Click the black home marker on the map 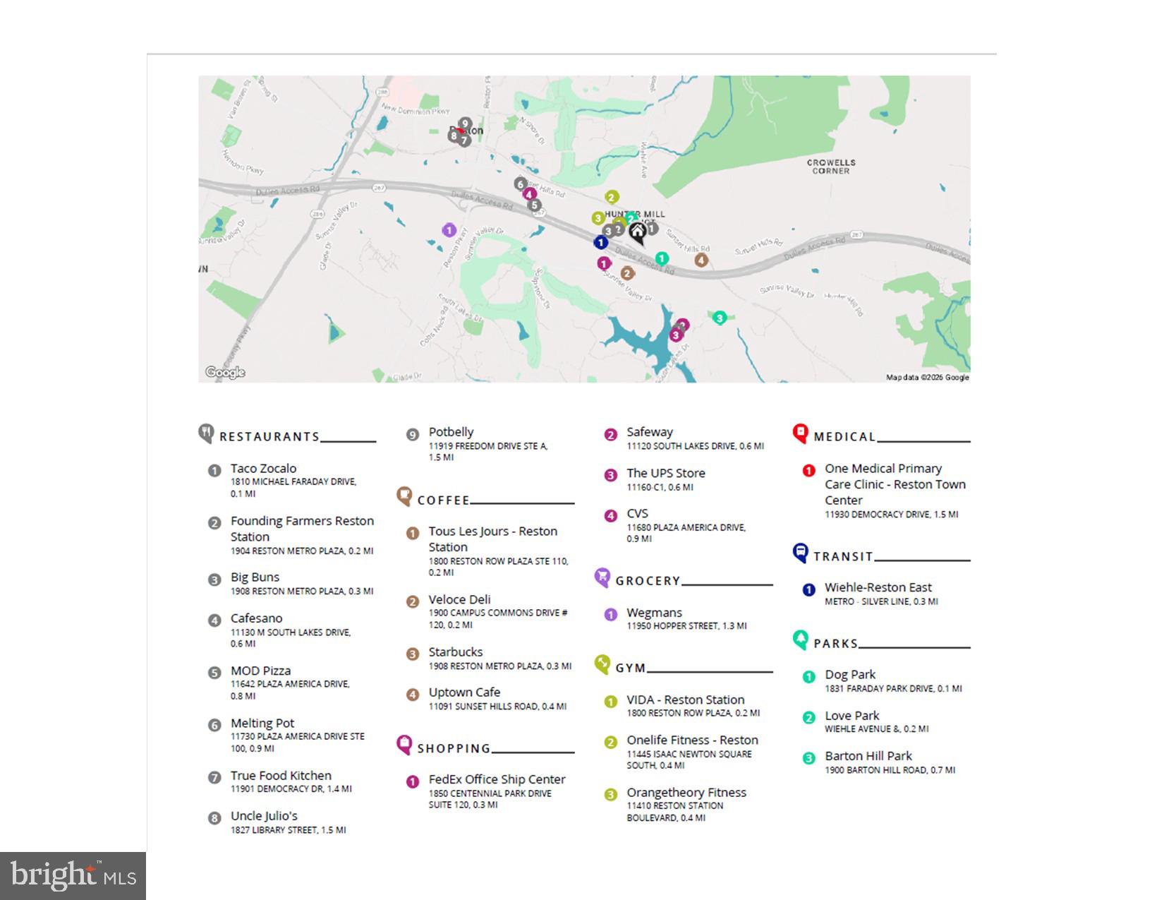click(x=638, y=232)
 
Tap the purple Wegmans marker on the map click(x=449, y=230)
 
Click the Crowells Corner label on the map click(x=831, y=167)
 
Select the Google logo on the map click(x=225, y=372)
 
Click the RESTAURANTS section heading click(x=269, y=437)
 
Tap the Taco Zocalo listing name click(x=263, y=469)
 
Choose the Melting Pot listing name click(x=262, y=724)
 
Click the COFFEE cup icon click(x=404, y=496)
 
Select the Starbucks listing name click(x=456, y=652)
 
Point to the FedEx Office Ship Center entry click(x=497, y=780)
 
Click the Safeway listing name click(x=650, y=432)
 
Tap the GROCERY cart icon click(x=602, y=577)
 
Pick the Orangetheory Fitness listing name click(x=686, y=793)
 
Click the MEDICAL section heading click(x=844, y=437)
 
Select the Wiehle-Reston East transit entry click(x=878, y=588)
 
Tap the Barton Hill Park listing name click(x=868, y=756)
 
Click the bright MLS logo click(x=73, y=876)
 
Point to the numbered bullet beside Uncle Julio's click(x=214, y=818)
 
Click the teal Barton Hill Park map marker click(x=719, y=318)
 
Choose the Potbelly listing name click(x=451, y=432)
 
